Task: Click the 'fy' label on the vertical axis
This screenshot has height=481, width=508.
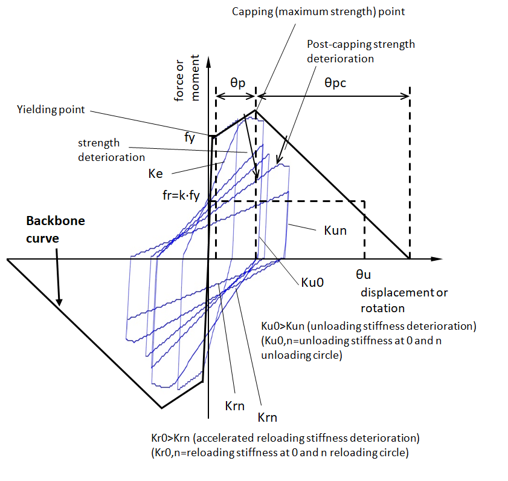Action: [x=189, y=137]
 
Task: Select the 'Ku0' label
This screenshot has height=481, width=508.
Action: [x=312, y=282]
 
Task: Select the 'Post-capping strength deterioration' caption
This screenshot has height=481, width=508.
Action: [x=361, y=51]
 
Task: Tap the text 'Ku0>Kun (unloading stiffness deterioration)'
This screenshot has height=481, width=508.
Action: [x=368, y=326]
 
